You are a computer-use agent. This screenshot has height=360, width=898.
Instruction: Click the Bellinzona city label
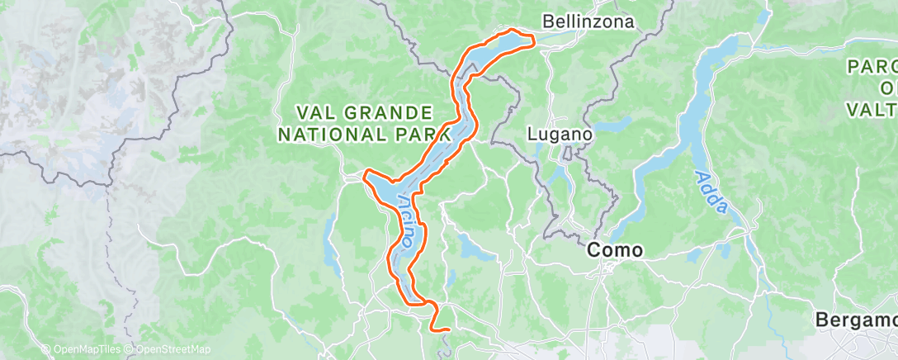click(x=588, y=21)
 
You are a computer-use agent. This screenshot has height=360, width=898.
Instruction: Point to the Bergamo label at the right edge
click(x=854, y=319)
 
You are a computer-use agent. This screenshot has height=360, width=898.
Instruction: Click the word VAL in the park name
click(x=318, y=112)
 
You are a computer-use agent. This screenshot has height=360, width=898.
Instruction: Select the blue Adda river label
click(x=711, y=192)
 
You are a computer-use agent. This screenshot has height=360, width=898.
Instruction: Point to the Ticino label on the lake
click(x=406, y=221)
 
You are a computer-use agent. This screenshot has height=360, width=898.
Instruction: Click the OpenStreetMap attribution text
click(x=168, y=350)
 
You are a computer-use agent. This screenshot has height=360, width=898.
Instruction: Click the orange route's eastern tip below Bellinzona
click(x=534, y=38)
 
